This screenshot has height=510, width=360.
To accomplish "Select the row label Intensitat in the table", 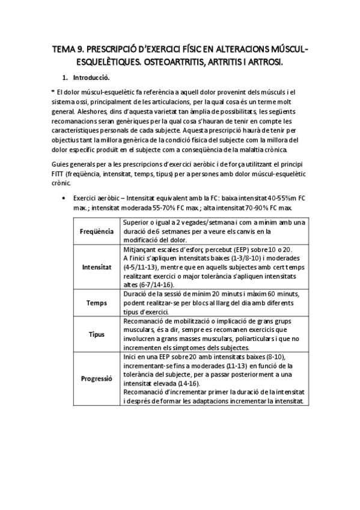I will (x=96, y=266).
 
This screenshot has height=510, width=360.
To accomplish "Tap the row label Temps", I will (x=96, y=304).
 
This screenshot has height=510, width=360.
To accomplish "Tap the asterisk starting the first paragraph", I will (x=53, y=91).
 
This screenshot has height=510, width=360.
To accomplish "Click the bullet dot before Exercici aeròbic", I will (x=64, y=198).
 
